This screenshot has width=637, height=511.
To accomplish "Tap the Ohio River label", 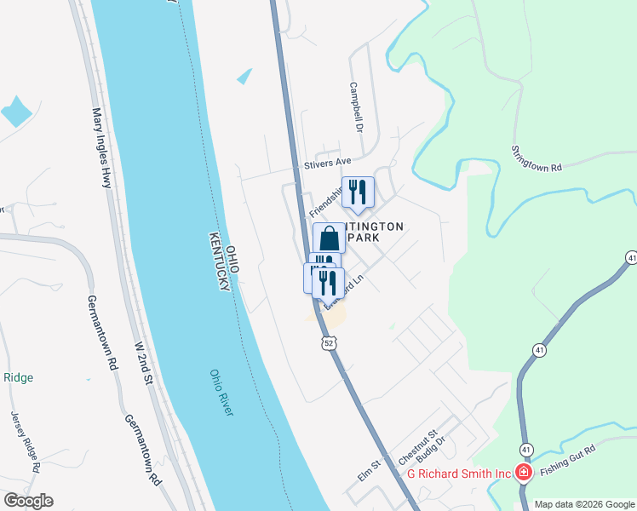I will coord(221,393).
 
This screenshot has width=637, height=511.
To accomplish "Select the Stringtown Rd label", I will coord(537,159).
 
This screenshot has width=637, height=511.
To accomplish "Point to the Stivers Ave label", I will coord(328,162).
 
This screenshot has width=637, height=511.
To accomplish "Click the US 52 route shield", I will coord(330,342).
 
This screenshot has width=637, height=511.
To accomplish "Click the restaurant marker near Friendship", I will coord(358,193).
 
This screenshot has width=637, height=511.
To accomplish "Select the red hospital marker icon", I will coord(524,474).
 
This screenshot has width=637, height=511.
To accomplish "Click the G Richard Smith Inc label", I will coord(458,474).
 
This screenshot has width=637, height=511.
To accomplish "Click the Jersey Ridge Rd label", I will coord(25,441).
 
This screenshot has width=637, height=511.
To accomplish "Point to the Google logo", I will coord(28,501).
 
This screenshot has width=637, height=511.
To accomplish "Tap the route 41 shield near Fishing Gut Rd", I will coord(526,450).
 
